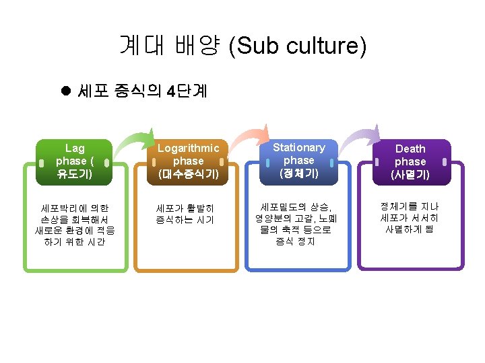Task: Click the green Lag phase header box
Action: point(75,162)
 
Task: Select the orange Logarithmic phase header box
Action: point(188,162)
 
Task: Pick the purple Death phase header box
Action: point(410,162)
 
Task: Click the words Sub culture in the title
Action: point(298,46)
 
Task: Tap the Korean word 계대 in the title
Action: point(137,46)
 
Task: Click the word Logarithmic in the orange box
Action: point(188,148)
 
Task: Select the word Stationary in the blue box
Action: point(298,147)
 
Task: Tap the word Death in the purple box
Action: point(410,149)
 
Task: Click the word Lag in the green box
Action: point(75,148)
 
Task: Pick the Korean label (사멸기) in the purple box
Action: point(410,175)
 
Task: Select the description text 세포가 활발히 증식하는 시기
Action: point(185,214)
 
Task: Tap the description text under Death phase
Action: point(410,217)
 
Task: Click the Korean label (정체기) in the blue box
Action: point(298,174)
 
